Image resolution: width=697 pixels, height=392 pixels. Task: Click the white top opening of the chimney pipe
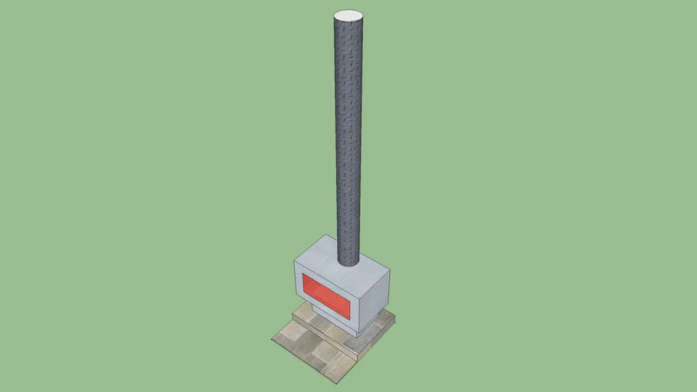click(x=348, y=15)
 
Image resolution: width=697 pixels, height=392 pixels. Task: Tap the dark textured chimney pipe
click(x=348, y=138)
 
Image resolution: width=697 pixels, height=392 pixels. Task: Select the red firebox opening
click(x=326, y=297)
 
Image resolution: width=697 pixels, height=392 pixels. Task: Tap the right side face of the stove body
click(x=376, y=302)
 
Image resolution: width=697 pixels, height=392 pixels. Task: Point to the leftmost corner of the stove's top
click(x=294, y=260)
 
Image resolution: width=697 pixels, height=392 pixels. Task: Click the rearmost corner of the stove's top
click(x=327, y=235)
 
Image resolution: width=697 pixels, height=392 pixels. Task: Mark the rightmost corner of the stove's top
click(x=392, y=272)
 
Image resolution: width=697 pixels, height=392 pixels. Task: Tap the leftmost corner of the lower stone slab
click(x=273, y=338)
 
